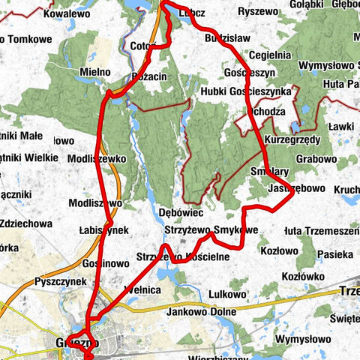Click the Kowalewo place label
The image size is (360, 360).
pyautogui.click(x=71, y=13)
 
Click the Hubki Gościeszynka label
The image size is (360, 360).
pyautogui.click(x=245, y=91)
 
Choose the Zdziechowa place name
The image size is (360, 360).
pyautogui.click(x=26, y=223)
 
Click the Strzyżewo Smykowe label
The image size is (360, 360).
pyautogui.click(x=211, y=229)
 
